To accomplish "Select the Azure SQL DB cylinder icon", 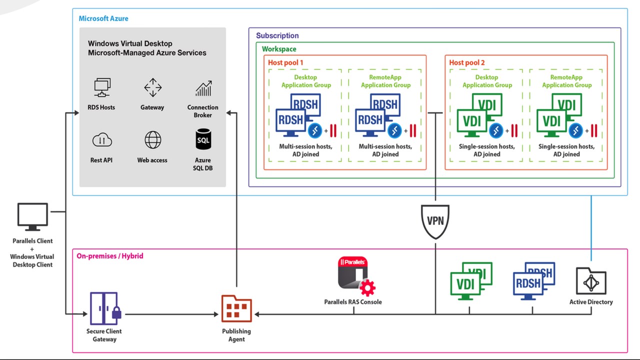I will pos(203,139).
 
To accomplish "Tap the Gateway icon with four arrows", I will pos(152,88).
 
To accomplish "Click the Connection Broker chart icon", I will pos(203,88).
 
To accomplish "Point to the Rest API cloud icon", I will pos(102,140).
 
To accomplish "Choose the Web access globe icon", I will pos(152,140).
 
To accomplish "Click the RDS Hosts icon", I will pos(102,88).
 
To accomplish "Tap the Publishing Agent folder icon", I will pos(236,308).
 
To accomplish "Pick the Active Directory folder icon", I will pos(590,281).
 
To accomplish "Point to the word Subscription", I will pos(277,35).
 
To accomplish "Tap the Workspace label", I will pos(279,49).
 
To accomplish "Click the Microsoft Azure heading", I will pos(103,18).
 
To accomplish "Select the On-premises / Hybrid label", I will pos(109,256).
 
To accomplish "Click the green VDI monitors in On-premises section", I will pos(470,280).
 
